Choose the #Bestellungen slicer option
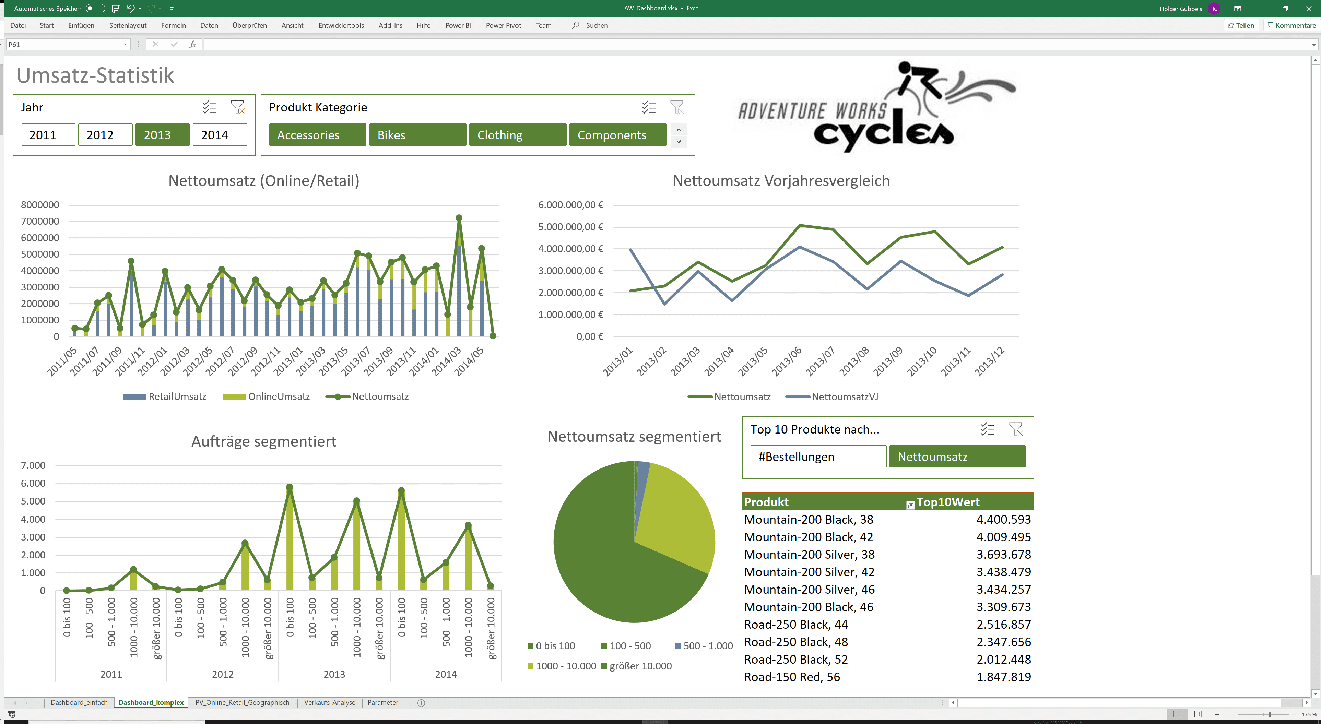(817, 456)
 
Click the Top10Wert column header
(948, 502)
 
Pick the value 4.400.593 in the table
(1003, 519)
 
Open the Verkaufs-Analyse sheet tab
(329, 702)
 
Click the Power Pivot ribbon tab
(503, 25)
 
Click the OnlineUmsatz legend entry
(279, 396)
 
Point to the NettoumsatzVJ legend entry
(844, 397)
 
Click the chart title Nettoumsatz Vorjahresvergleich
(780, 180)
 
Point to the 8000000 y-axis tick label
(40, 205)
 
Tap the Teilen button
(1241, 25)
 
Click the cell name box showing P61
(64, 45)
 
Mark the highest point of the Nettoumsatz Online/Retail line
(459, 218)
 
